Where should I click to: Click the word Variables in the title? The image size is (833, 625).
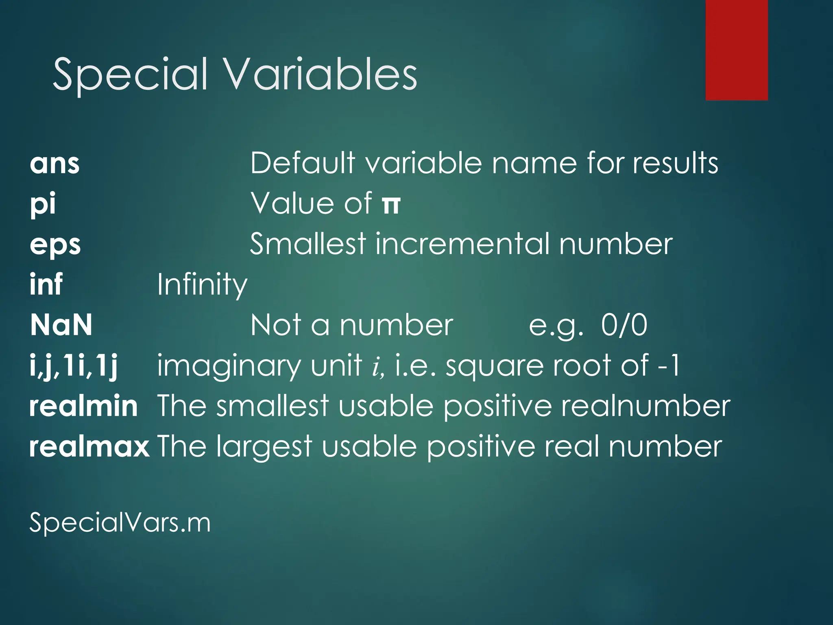pos(321,74)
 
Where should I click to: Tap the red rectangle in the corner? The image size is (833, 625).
pos(737,50)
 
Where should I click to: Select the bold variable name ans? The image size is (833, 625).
pos(55,164)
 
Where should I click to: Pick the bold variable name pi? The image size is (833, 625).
pos(43,204)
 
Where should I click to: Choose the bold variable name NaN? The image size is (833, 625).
pos(61,325)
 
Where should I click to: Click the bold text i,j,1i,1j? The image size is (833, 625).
pos(74,366)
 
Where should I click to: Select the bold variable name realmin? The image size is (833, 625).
pos(83,406)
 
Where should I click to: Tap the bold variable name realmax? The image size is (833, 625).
pos(89,447)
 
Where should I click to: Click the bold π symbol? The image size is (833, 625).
pos(391,204)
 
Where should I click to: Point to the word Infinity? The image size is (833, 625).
pos(202,284)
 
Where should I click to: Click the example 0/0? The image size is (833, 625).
pos(624,325)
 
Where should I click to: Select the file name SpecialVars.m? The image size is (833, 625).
pos(120,522)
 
